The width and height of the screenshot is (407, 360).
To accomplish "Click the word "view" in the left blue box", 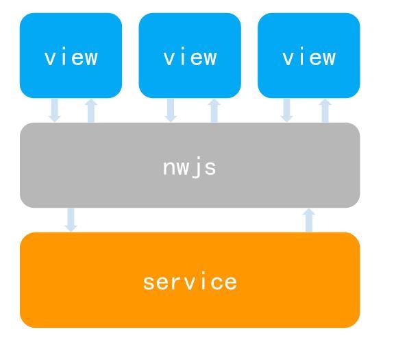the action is (x=71, y=56).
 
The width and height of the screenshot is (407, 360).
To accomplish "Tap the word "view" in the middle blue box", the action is (x=190, y=56).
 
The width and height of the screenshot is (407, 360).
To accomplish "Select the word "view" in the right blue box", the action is (x=309, y=56).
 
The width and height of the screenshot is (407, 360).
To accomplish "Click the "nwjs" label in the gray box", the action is (x=190, y=167).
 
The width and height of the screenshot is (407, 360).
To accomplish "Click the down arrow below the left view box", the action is (x=55, y=110).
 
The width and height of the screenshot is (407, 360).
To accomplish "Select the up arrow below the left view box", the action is (x=91, y=110).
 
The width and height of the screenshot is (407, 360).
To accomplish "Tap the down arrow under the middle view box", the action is (x=171, y=110).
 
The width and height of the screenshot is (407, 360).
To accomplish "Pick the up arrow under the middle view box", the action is (x=214, y=110).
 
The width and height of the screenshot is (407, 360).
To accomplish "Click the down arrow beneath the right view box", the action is (x=286, y=110).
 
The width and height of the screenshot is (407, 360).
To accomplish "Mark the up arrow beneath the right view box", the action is (x=325, y=110).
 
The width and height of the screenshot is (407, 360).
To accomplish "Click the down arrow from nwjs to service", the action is (x=71, y=219).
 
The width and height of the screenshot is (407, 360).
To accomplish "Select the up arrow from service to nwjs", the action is (x=309, y=220).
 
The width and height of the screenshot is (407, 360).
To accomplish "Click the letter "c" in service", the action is (x=215, y=283).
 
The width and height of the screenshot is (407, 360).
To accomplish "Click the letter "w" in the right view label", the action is (x=329, y=58).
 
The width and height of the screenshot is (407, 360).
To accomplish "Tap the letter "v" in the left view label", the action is (x=49, y=58).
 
